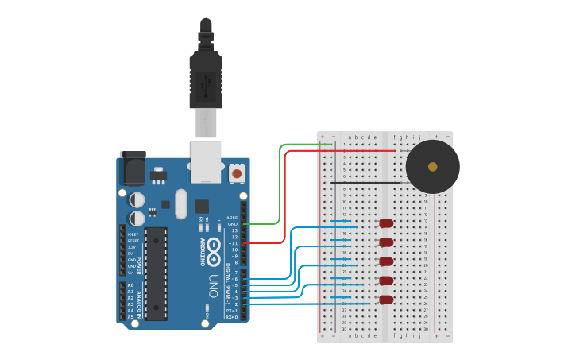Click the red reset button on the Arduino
coord(237,172)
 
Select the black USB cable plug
coord(206,75)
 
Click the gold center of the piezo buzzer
coord(432,167)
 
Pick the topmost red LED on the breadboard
coord(386,223)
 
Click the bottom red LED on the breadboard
coord(386,300)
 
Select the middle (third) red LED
coord(386,261)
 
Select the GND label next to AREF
coord(232,224)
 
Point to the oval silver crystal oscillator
coord(181,203)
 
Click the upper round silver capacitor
coord(137,199)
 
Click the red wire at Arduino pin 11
coord(262,243)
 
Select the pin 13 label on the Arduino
coord(234,230)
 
